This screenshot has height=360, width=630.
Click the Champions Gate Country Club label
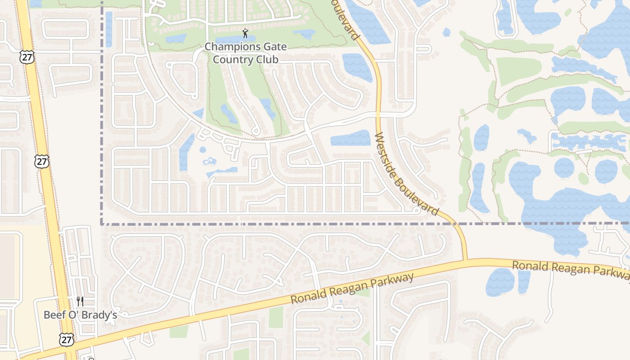pos(245,53)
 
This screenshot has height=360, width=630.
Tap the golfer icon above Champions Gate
pos(245,34)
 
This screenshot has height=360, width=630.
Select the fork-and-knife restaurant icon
pos(80,301)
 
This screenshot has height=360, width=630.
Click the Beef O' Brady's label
pos(80,315)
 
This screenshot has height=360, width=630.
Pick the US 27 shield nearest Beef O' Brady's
pos(67,340)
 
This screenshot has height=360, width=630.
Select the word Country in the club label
pos(232,59)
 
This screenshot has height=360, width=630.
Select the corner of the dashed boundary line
pos(102,223)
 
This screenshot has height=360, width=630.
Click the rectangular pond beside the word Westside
pos(351,138)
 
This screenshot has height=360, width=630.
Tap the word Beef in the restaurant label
pos(54,315)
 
